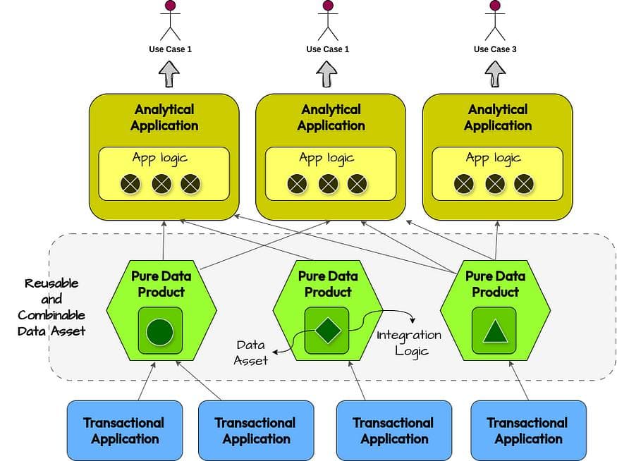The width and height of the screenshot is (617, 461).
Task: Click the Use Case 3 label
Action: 495,49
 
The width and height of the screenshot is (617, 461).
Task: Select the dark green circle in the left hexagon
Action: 160,331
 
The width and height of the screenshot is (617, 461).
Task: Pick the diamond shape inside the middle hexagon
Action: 327,330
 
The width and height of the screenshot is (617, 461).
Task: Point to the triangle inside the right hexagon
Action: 494,330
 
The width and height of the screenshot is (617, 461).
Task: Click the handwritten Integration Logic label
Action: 409,343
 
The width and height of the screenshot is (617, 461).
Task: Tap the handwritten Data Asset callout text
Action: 251,352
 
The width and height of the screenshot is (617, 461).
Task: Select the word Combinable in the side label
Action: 51,315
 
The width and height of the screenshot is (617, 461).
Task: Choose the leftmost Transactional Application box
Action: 125,431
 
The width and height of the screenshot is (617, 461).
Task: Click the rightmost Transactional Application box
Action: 528,431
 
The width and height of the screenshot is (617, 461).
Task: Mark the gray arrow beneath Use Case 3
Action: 495,73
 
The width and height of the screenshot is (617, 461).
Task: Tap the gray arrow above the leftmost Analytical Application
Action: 168,73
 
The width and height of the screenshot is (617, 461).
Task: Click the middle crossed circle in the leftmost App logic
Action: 161,184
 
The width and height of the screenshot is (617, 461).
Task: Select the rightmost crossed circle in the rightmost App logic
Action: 524,184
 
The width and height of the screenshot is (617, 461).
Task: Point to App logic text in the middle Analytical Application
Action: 327,158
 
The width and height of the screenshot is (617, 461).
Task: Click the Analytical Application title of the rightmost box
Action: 498,118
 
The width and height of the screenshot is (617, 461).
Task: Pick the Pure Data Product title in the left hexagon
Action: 161,283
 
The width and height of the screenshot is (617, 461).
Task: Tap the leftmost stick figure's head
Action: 170,6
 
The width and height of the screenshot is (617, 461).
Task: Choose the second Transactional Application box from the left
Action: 256,431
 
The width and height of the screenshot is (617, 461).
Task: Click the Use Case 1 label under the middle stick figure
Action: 328,49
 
